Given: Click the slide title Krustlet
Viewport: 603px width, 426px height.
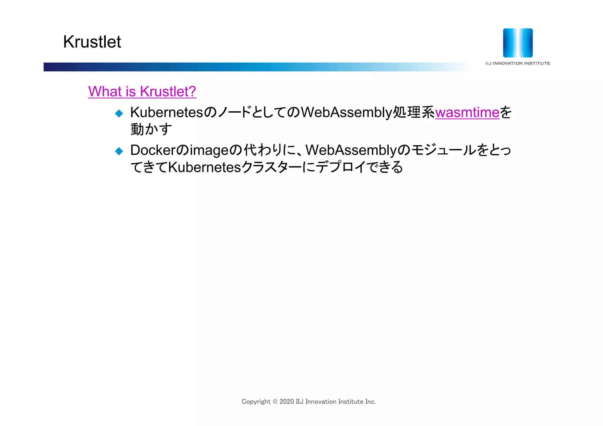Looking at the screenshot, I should pyautogui.click(x=92, y=42).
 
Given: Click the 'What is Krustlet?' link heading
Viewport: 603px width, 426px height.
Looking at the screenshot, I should pyautogui.click(x=142, y=91).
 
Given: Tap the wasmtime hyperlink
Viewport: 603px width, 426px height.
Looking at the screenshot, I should pyautogui.click(x=467, y=112).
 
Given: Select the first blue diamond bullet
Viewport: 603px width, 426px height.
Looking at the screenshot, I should pyautogui.click(x=119, y=113).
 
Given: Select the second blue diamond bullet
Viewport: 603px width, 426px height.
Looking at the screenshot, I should pyautogui.click(x=119, y=151).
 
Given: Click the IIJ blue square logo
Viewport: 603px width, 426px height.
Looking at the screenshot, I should pyautogui.click(x=518, y=43).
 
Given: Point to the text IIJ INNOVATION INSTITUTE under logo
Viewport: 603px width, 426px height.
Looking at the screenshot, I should pyautogui.click(x=518, y=63).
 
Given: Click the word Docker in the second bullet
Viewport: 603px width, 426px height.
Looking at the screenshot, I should pyautogui.click(x=153, y=150).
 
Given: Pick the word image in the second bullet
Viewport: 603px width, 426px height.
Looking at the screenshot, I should pyautogui.click(x=209, y=151).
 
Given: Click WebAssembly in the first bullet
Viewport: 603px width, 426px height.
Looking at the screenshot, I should pyautogui.click(x=347, y=112).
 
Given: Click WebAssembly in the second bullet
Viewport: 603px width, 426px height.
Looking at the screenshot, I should pyautogui.click(x=351, y=150).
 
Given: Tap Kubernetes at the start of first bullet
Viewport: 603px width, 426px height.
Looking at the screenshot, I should pyautogui.click(x=167, y=112).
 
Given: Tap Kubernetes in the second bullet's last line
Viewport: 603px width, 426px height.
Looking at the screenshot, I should pyautogui.click(x=204, y=167).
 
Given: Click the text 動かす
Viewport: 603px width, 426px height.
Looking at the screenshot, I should pyautogui.click(x=151, y=129).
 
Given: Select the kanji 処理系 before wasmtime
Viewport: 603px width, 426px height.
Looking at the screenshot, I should pyautogui.click(x=414, y=112).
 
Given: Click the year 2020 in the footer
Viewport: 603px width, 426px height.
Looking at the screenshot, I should pyautogui.click(x=286, y=402).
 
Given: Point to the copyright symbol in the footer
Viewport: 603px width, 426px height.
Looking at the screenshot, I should pyautogui.click(x=275, y=402).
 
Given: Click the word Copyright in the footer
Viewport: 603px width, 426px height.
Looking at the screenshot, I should pyautogui.click(x=256, y=402).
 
